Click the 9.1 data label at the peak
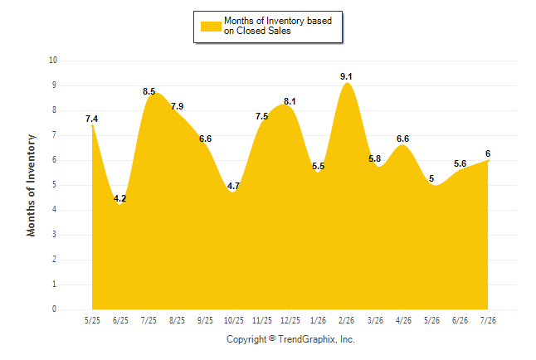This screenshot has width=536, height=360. pyautogui.click(x=346, y=76)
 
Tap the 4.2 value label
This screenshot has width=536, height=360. pyautogui.click(x=120, y=198)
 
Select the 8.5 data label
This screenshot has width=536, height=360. pyautogui.click(x=149, y=91)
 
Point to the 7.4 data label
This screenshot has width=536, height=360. pyautogui.click(x=91, y=119)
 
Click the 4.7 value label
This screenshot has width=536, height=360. pyautogui.click(x=233, y=186)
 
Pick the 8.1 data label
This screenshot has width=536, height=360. pyautogui.click(x=290, y=101)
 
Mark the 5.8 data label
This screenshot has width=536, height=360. pyautogui.click(x=375, y=158)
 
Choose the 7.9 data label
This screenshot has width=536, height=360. pyautogui.click(x=177, y=106)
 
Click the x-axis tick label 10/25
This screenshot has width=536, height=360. pyautogui.click(x=234, y=320)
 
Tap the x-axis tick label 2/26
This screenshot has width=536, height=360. pyautogui.click(x=346, y=320)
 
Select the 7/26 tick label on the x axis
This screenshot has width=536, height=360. pyautogui.click(x=488, y=320)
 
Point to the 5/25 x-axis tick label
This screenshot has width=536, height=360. pyautogui.click(x=92, y=320)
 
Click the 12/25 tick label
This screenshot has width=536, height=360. pyautogui.click(x=290, y=320)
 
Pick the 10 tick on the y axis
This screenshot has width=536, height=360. pyautogui.click(x=53, y=61)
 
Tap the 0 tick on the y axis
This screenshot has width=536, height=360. pyautogui.click(x=55, y=309)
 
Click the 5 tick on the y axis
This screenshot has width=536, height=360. pyautogui.click(x=55, y=185)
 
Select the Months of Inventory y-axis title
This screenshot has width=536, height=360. pyautogui.click(x=31, y=185)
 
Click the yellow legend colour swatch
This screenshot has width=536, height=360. pyautogui.click(x=211, y=27)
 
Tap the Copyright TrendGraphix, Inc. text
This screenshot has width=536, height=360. pyautogui.click(x=290, y=339)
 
